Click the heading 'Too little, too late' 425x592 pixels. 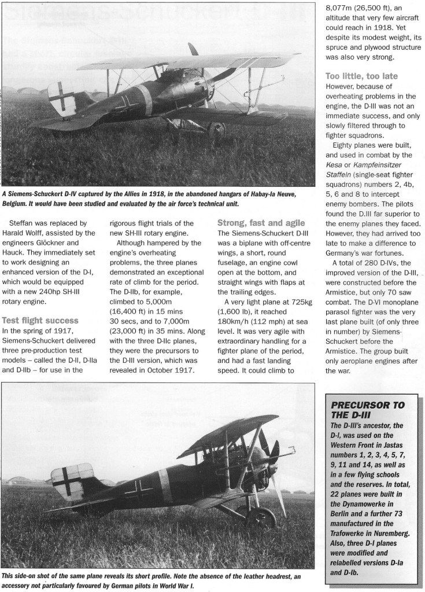361,76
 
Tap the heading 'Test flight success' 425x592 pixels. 40,320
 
